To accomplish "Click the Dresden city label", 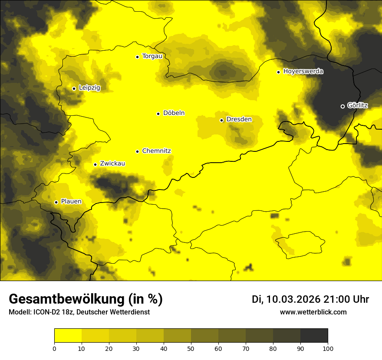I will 239,119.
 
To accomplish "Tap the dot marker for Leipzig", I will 74,88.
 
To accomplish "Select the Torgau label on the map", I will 152,56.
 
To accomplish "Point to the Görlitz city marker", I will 342,106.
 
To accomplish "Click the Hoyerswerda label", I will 303,72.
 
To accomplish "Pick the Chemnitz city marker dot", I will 137,151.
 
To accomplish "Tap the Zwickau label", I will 112,164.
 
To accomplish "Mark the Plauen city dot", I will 56,202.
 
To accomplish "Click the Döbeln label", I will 174,113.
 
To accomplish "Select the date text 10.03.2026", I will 293,299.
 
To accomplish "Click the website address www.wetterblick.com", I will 313,312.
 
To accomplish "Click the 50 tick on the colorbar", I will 191,348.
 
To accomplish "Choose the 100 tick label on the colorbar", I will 328,348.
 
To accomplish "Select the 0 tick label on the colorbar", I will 54,348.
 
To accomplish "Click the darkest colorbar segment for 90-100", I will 314,335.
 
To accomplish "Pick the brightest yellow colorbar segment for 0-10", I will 68,335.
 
